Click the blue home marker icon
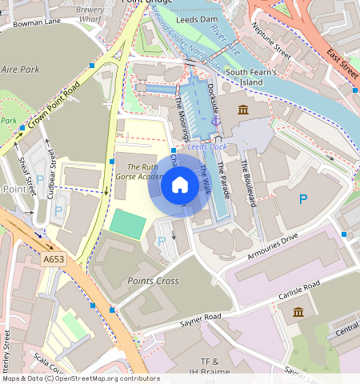pos(180,186)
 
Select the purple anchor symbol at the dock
pos(215,121)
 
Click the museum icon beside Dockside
pos(242,110)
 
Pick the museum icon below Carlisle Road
pos(298,311)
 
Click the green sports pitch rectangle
pos(127,223)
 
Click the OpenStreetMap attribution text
pos(81,378)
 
